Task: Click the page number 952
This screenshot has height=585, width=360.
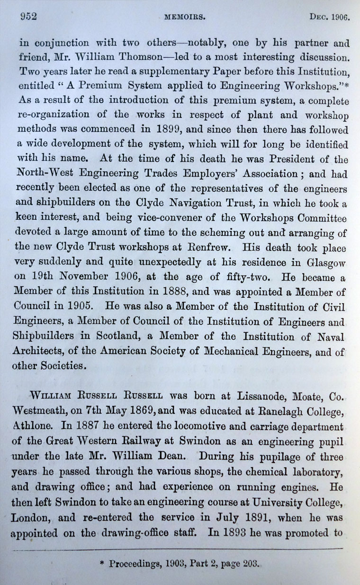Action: [x=28, y=18]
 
